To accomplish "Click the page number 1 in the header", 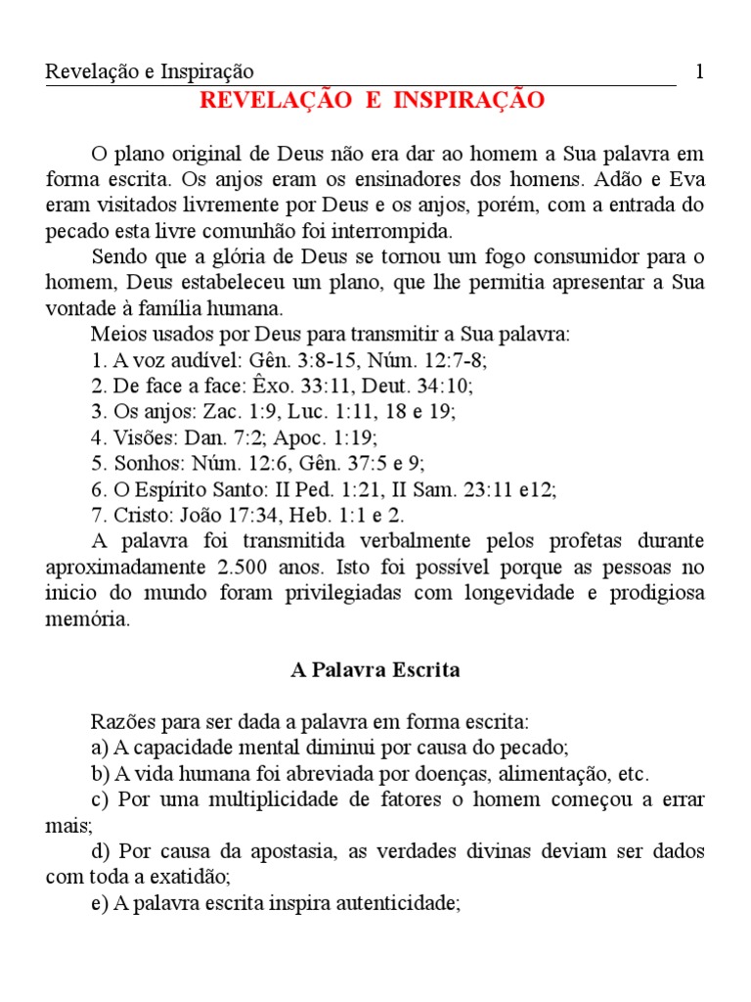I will coord(698,71).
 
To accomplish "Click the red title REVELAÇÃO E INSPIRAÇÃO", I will coord(372,101).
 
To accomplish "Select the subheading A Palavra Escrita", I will coord(375,671).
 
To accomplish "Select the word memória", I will coord(87,620).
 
